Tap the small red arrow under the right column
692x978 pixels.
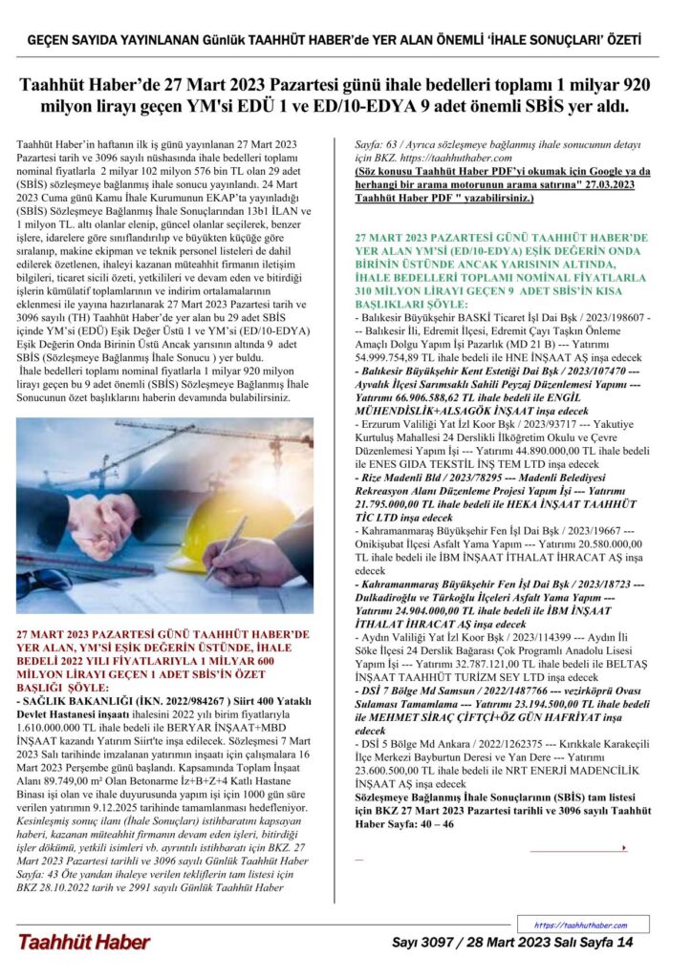pyautogui.click(x=623, y=847)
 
